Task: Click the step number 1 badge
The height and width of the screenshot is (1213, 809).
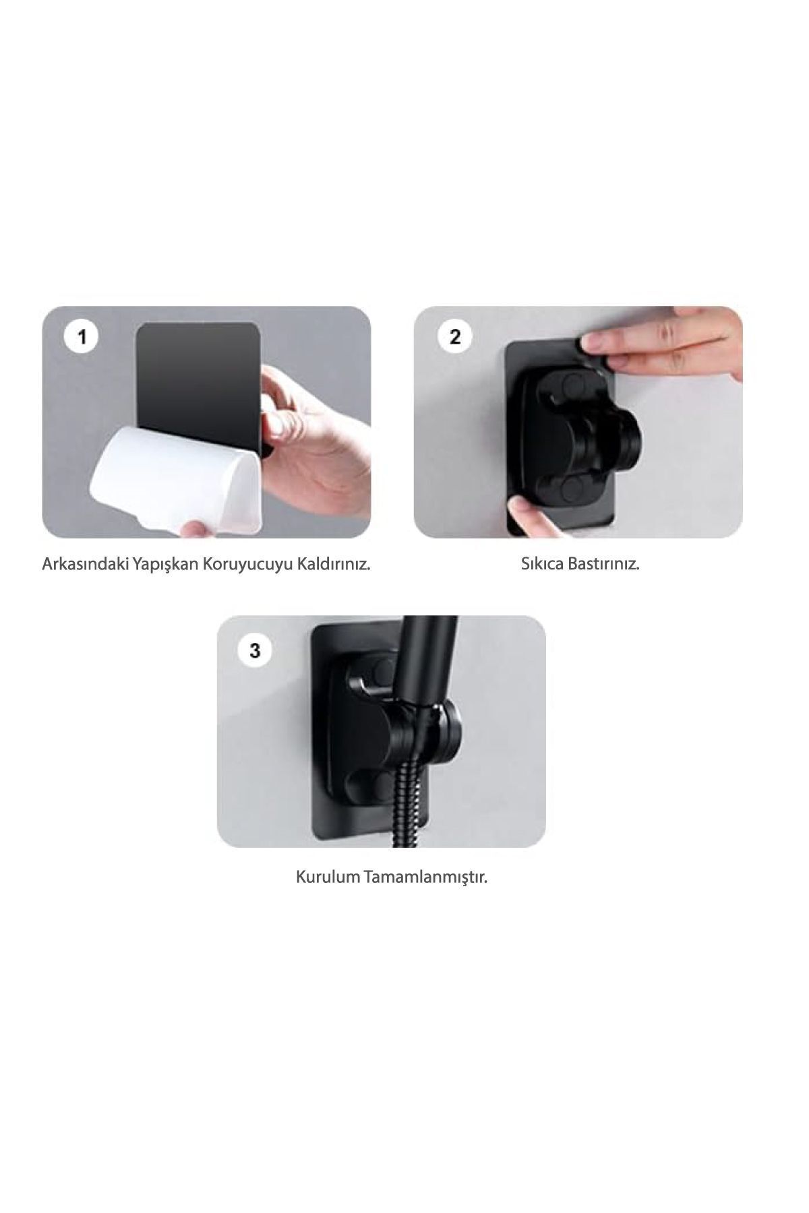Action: click(x=82, y=336)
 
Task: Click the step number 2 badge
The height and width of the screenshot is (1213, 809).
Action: click(x=455, y=336)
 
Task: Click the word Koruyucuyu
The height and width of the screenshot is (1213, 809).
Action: click(x=248, y=565)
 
